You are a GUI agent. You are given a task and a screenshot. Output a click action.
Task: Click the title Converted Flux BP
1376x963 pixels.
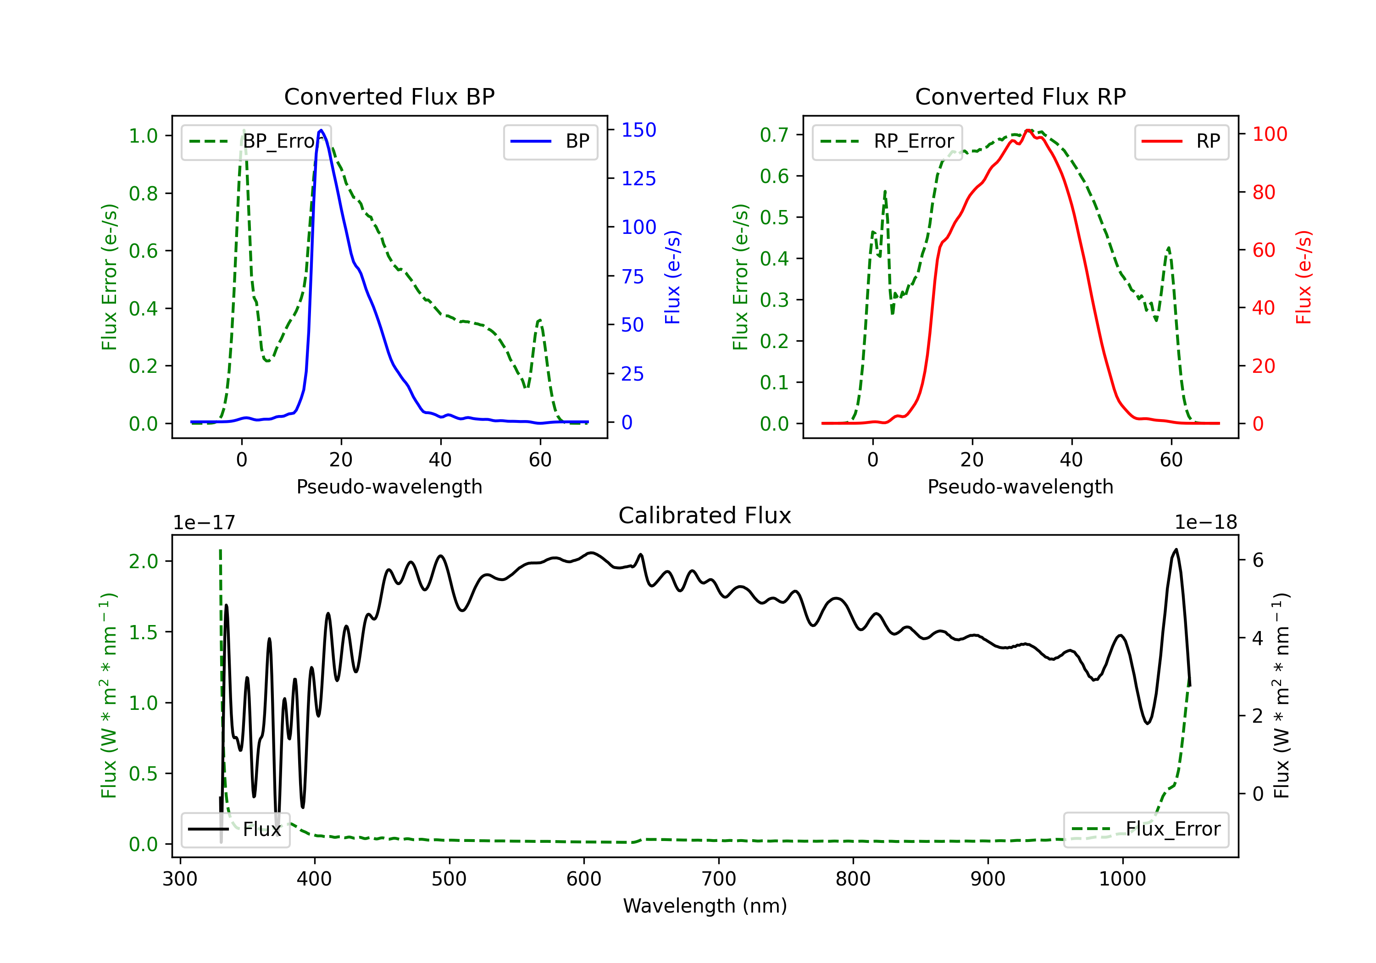pos(389,96)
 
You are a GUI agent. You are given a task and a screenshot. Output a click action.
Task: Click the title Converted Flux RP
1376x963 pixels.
pos(1020,96)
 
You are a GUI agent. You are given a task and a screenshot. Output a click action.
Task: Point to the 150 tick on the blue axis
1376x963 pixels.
pos(638,130)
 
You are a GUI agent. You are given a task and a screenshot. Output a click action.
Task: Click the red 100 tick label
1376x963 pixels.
pos(1269,134)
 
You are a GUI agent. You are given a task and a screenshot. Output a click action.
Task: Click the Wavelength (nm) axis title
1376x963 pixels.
pos(705,906)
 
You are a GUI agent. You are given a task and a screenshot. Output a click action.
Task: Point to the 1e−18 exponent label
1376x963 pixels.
pos(1205,523)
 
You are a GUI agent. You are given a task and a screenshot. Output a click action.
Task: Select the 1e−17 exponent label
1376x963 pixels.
pos(205,523)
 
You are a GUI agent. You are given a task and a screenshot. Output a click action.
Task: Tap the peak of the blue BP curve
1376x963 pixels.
pos(321,130)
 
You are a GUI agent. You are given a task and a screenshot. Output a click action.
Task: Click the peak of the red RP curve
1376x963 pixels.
pos(1028,130)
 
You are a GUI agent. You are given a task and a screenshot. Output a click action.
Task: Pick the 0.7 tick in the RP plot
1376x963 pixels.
pos(774,135)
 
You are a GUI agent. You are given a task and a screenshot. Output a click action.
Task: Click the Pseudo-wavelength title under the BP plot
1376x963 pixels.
pos(389,487)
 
